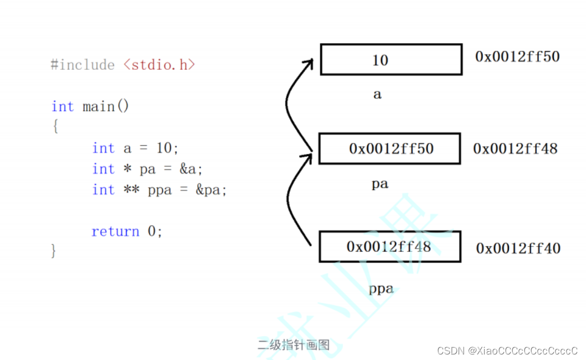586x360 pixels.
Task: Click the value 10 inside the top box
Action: point(380,60)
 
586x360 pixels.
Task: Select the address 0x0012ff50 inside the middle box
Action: point(391,148)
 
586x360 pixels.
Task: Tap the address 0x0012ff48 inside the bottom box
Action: point(388,246)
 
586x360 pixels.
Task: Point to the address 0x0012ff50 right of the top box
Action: point(517,56)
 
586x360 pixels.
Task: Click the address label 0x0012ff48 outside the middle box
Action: point(515,148)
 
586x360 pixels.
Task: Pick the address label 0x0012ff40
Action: point(518,249)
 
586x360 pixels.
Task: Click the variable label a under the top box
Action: point(377,95)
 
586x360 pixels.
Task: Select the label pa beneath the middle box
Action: point(379,184)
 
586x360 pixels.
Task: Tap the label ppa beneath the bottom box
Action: point(381,289)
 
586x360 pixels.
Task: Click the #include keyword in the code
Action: point(83,65)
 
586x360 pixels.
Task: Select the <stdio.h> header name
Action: point(160,65)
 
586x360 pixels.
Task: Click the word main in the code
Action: point(99,106)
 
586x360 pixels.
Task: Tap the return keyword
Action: point(115,231)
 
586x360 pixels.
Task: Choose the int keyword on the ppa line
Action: point(104,190)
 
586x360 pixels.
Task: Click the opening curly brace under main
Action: point(55,127)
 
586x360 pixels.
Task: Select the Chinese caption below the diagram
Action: point(294,345)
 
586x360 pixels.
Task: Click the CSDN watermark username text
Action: point(523,351)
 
